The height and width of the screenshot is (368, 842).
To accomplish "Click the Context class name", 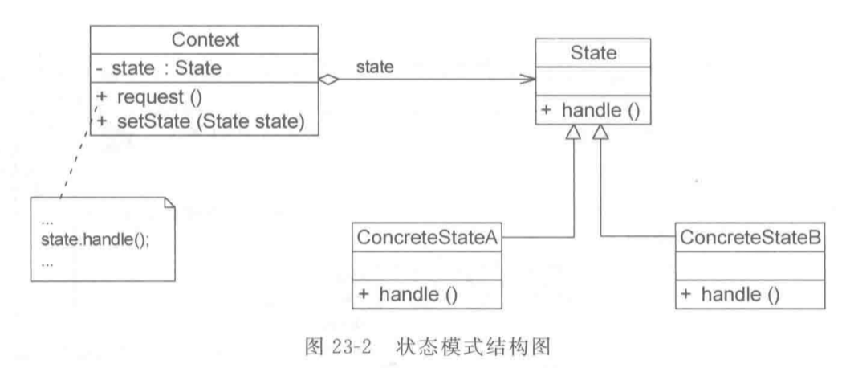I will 204,39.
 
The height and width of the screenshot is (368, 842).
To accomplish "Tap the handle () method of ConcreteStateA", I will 409,294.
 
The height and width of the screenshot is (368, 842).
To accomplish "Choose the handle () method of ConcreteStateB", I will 730,294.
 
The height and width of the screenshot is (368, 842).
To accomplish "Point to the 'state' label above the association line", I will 375,67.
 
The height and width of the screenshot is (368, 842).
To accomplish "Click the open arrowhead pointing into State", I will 528,80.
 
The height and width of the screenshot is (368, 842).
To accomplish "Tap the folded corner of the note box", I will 165,201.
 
